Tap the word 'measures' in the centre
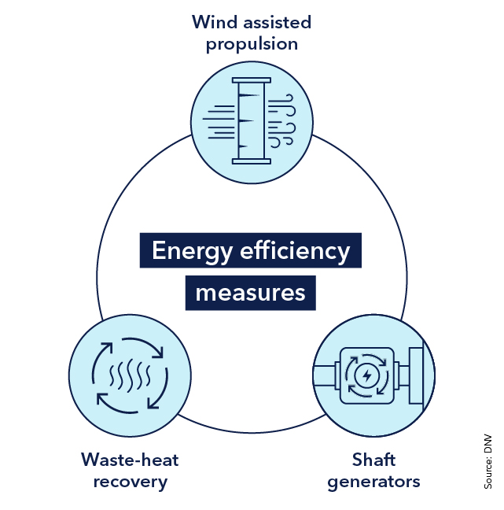point(250,293)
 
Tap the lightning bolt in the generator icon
point(366,375)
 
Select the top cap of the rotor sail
point(252,79)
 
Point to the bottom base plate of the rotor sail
point(252,161)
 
